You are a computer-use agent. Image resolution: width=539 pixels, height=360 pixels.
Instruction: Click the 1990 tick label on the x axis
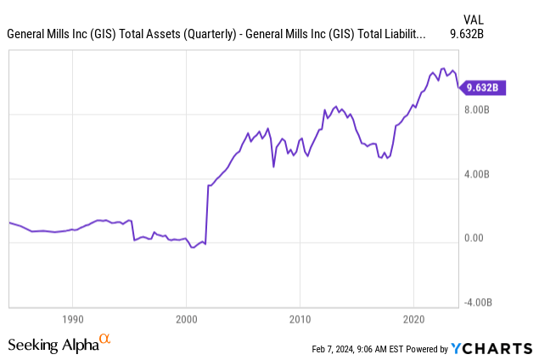(x=72, y=322)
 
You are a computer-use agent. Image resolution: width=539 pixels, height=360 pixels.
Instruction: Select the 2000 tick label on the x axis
(x=186, y=322)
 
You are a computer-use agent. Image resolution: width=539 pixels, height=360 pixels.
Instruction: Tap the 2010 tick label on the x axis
(x=300, y=322)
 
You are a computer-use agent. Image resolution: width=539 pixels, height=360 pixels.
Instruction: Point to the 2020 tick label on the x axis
(x=413, y=322)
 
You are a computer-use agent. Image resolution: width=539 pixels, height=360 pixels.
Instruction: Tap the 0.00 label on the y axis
(x=475, y=239)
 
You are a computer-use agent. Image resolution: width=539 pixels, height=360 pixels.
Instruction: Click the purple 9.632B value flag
(x=485, y=87)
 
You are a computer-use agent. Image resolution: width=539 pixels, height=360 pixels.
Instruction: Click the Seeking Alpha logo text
(x=53, y=345)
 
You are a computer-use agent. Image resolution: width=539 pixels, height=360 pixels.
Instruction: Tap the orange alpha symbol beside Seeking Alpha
(x=105, y=340)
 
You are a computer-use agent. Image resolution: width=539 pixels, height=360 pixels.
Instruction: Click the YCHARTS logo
(x=491, y=347)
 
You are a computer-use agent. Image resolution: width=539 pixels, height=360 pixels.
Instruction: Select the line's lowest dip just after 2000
(x=193, y=248)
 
